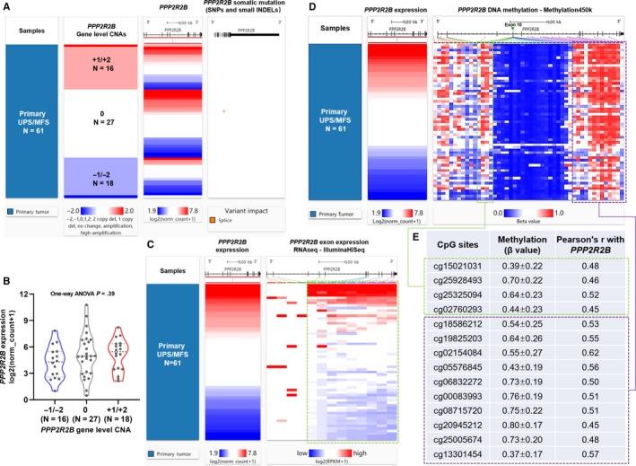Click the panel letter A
coord(7,7)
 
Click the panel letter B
coord(7,279)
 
